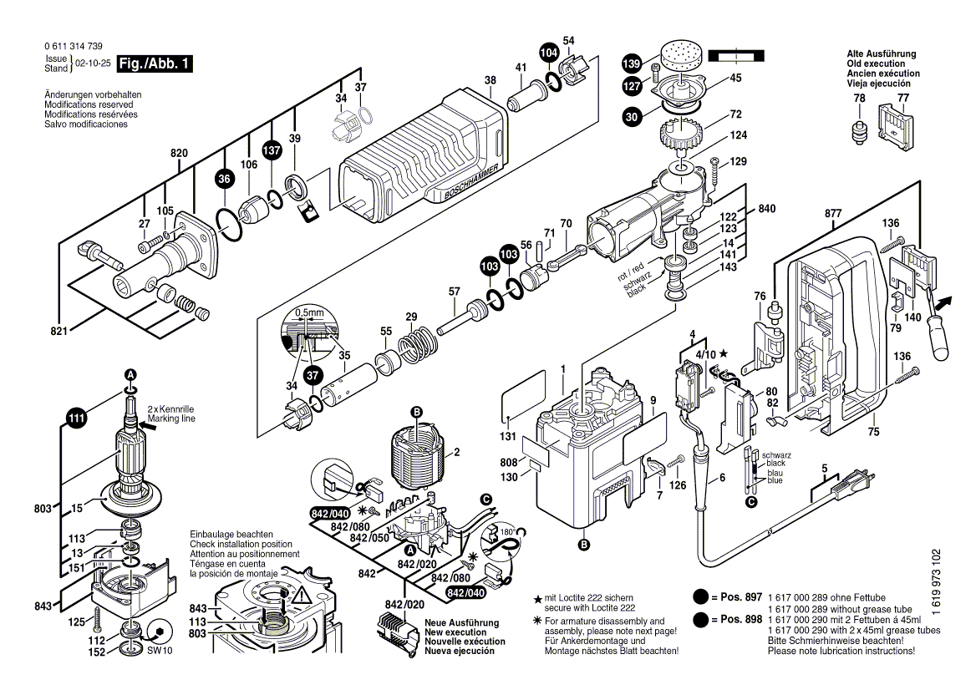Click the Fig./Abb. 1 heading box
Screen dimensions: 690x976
(155, 63)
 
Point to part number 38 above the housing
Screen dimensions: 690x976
(490, 81)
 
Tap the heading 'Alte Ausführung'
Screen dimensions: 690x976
(881, 53)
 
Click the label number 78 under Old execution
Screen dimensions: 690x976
(859, 99)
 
